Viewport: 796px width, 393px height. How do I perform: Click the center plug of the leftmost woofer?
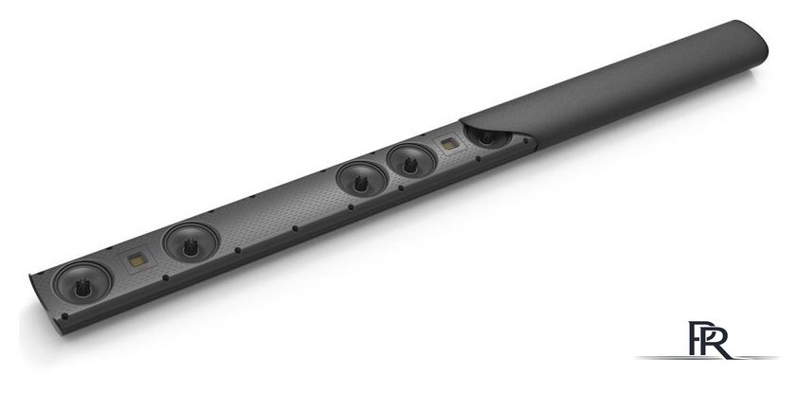coord(82,288)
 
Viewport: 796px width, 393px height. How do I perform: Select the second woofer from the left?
coord(190,242)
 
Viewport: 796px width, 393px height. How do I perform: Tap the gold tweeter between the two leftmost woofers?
coord(137,260)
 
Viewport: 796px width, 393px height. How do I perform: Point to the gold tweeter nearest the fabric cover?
coord(449,144)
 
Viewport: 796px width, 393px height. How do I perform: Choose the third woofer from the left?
coord(361,181)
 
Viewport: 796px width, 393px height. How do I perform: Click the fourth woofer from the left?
coord(411,162)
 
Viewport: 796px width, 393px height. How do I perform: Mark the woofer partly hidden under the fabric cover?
coord(487,137)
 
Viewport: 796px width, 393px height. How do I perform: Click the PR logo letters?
coord(709,339)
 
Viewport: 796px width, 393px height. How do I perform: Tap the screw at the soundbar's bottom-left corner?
coord(64,316)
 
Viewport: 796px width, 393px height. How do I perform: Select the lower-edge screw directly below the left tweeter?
coord(165,277)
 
